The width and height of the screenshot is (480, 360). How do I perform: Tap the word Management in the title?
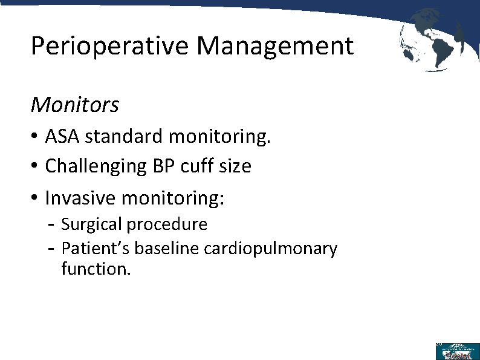coord(274,46)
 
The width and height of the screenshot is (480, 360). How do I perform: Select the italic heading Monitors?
coord(75,105)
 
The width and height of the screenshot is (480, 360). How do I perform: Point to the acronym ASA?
coord(63,137)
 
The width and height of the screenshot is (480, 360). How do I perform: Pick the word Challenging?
coord(94,166)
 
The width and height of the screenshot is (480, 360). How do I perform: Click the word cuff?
coord(195,166)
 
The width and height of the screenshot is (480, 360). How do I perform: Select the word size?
coord(233,166)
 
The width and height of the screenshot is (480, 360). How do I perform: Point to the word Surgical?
coord(91,224)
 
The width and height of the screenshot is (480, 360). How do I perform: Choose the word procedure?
coord(167,224)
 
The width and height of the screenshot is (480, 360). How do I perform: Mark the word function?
coord(96,268)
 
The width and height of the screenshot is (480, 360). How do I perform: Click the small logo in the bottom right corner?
coord(456,351)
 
